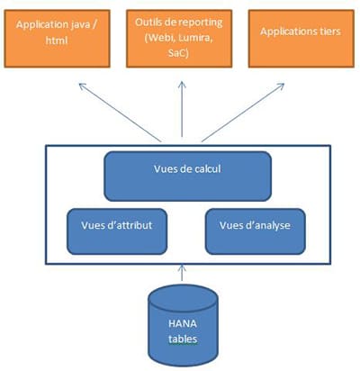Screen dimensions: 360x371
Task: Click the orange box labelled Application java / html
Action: pyautogui.click(x=57, y=39)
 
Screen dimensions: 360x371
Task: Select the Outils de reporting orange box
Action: pyautogui.click(x=179, y=39)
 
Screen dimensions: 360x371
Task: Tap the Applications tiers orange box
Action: pyautogui.click(x=301, y=39)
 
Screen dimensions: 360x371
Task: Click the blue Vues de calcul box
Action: pyautogui.click(x=188, y=176)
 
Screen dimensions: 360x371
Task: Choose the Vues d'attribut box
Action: pyautogui.click(x=117, y=231)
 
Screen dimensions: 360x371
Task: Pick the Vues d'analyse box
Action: pyautogui.click(x=256, y=231)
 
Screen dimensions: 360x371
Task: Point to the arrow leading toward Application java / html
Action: pyautogui.click(x=120, y=113)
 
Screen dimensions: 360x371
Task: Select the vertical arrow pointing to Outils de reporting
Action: pyautogui.click(x=182, y=109)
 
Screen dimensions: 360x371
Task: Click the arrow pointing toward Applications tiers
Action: pyautogui.click(x=243, y=113)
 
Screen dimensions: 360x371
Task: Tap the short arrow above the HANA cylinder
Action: pyautogui.click(x=182, y=273)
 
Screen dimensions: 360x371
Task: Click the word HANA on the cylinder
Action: pyautogui.click(x=183, y=323)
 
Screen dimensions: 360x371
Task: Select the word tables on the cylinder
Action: pyautogui.click(x=183, y=339)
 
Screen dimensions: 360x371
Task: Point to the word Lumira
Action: pyautogui.click(x=195, y=38)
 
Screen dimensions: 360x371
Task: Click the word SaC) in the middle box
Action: pyautogui.click(x=179, y=53)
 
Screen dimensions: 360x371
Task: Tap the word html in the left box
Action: pyautogui.click(x=57, y=41)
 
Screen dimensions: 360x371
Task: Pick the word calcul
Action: pyautogui.click(x=208, y=168)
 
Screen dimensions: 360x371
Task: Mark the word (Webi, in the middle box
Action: pyautogui.click(x=160, y=39)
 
